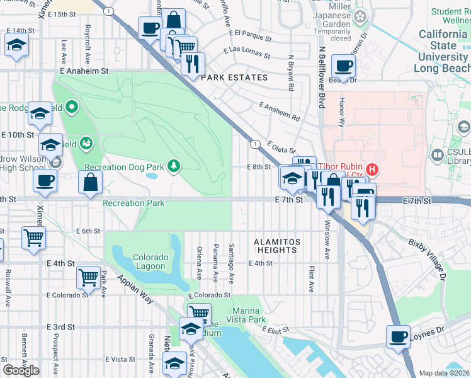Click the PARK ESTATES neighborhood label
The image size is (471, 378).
(234, 77)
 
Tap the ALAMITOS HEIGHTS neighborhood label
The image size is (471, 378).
(277, 246)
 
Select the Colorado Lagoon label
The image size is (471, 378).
(150, 261)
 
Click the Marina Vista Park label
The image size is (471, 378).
(249, 315)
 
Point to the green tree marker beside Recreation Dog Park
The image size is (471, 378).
(174, 166)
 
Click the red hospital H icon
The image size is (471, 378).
(372, 168)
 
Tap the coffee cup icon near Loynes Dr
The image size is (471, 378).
(398, 336)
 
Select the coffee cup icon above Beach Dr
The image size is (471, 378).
(344, 65)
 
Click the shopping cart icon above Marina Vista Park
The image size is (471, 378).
(199, 311)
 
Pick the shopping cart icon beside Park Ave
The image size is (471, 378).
(89, 276)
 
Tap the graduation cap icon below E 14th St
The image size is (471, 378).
(16, 45)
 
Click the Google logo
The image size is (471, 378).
(21, 370)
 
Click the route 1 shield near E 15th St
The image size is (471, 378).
(110, 11)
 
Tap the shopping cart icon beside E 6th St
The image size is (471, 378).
(33, 238)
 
